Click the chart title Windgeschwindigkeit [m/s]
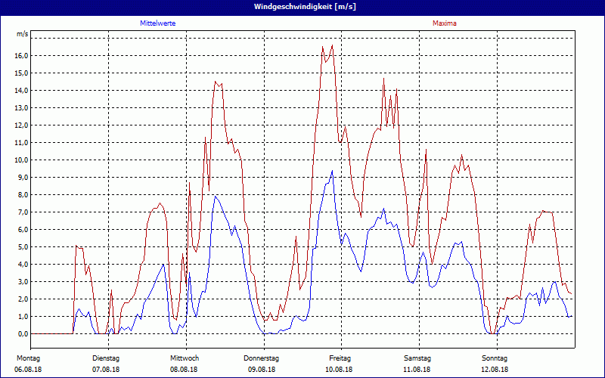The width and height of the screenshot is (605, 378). click(x=302, y=7)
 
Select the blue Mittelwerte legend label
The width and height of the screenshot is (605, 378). click(x=158, y=23)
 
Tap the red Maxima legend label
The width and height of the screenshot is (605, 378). click(x=445, y=23)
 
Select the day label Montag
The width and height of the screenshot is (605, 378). click(x=28, y=358)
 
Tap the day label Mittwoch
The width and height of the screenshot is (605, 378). click(x=185, y=358)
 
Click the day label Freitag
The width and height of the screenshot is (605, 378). click(x=340, y=358)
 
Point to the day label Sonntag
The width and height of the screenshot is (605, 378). click(x=496, y=358)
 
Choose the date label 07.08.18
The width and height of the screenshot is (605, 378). click(x=107, y=370)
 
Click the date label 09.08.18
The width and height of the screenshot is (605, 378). click(x=262, y=370)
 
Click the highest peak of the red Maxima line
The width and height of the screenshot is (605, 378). click(x=323, y=47)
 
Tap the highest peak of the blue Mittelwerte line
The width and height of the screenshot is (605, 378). click(x=332, y=171)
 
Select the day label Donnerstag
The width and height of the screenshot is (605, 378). click(x=262, y=358)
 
